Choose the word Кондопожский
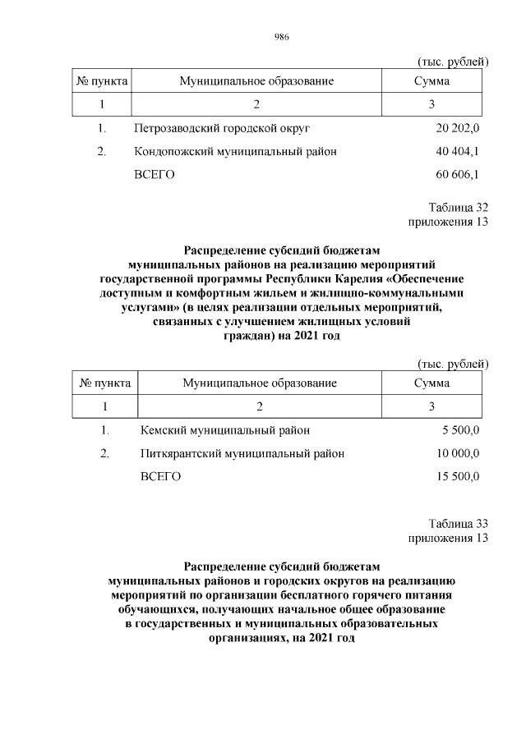pos(170,152)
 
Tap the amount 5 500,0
pos(461,429)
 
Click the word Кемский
pos(163,429)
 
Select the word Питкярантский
pos(178,453)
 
